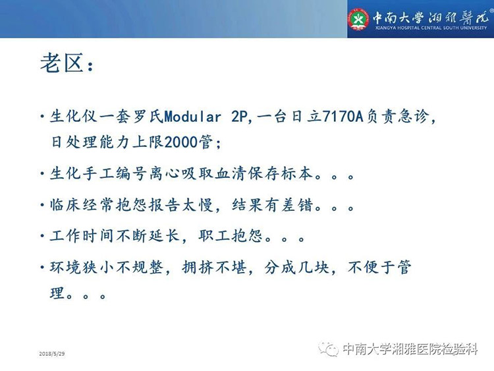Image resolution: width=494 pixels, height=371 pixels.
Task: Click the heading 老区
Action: pos(62,63)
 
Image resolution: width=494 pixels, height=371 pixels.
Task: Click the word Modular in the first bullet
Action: pos(192,117)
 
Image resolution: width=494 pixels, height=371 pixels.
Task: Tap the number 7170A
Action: pos(343,117)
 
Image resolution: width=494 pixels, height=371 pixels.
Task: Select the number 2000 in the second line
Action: pos(181,142)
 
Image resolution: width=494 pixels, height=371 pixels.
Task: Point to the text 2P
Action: pos(240,117)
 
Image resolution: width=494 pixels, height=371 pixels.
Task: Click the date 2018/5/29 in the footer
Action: pos(52,354)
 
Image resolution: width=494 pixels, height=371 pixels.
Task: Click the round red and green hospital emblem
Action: pos(358,19)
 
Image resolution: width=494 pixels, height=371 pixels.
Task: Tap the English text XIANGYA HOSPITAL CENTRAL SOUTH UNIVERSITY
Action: pos(431,28)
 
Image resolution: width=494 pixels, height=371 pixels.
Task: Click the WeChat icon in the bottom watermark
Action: pos(328,349)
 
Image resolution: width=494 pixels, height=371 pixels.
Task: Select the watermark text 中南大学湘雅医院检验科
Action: pos(410,349)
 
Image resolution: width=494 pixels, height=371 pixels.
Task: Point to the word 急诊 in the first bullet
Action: pos(414,117)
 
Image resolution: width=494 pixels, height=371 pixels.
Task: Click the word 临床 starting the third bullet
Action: pos(65,205)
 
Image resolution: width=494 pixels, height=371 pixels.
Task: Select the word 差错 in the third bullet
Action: pos(297,205)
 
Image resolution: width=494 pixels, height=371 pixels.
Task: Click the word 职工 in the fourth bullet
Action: pos(214,236)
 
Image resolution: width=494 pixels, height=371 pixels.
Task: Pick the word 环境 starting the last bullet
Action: pos(65,268)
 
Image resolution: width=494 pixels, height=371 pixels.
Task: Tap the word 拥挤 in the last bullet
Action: pos(198,268)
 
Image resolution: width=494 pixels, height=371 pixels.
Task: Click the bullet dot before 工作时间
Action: pos(43,236)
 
